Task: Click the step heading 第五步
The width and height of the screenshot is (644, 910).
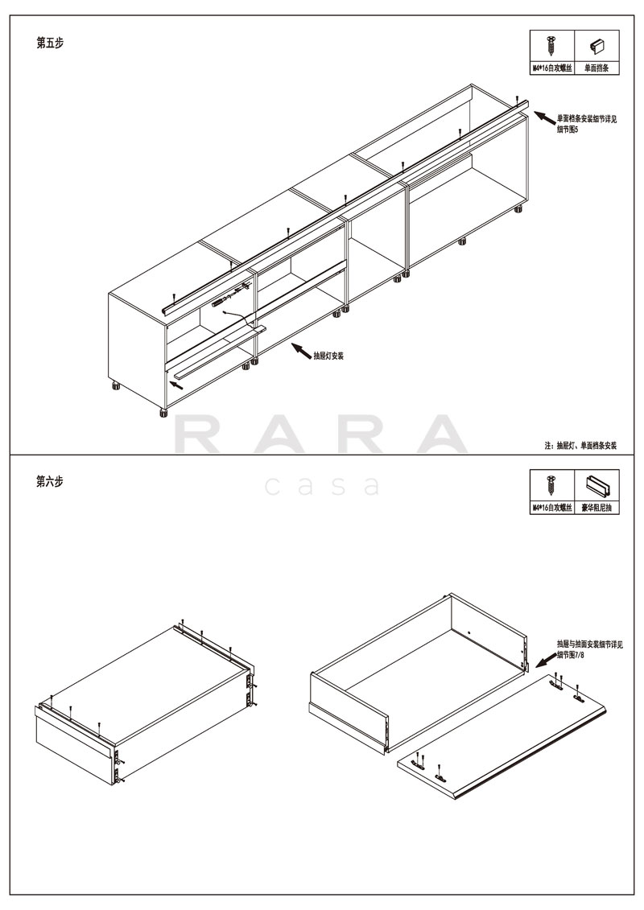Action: click(50, 43)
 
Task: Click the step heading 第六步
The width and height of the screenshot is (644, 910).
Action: click(50, 482)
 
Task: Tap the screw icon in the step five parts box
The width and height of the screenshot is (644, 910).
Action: click(551, 46)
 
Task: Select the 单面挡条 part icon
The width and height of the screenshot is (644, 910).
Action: click(597, 45)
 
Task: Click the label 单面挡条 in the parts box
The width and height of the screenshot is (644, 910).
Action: click(597, 68)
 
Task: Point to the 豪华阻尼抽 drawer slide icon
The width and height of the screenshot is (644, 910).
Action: click(597, 485)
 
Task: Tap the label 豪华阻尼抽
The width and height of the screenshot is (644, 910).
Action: click(597, 508)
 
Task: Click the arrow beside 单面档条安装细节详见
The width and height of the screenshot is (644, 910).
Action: click(544, 117)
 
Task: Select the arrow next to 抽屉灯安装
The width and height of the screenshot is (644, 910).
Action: click(301, 350)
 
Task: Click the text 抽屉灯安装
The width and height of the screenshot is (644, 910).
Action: click(328, 356)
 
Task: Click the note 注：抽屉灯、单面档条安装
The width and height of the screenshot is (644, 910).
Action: click(580, 446)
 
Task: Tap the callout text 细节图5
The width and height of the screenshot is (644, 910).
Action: click(568, 130)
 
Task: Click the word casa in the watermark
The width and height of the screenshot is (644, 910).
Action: click(323, 486)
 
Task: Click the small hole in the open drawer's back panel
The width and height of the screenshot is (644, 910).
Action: click(468, 632)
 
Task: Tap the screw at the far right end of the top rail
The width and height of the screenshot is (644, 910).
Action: click(517, 100)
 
